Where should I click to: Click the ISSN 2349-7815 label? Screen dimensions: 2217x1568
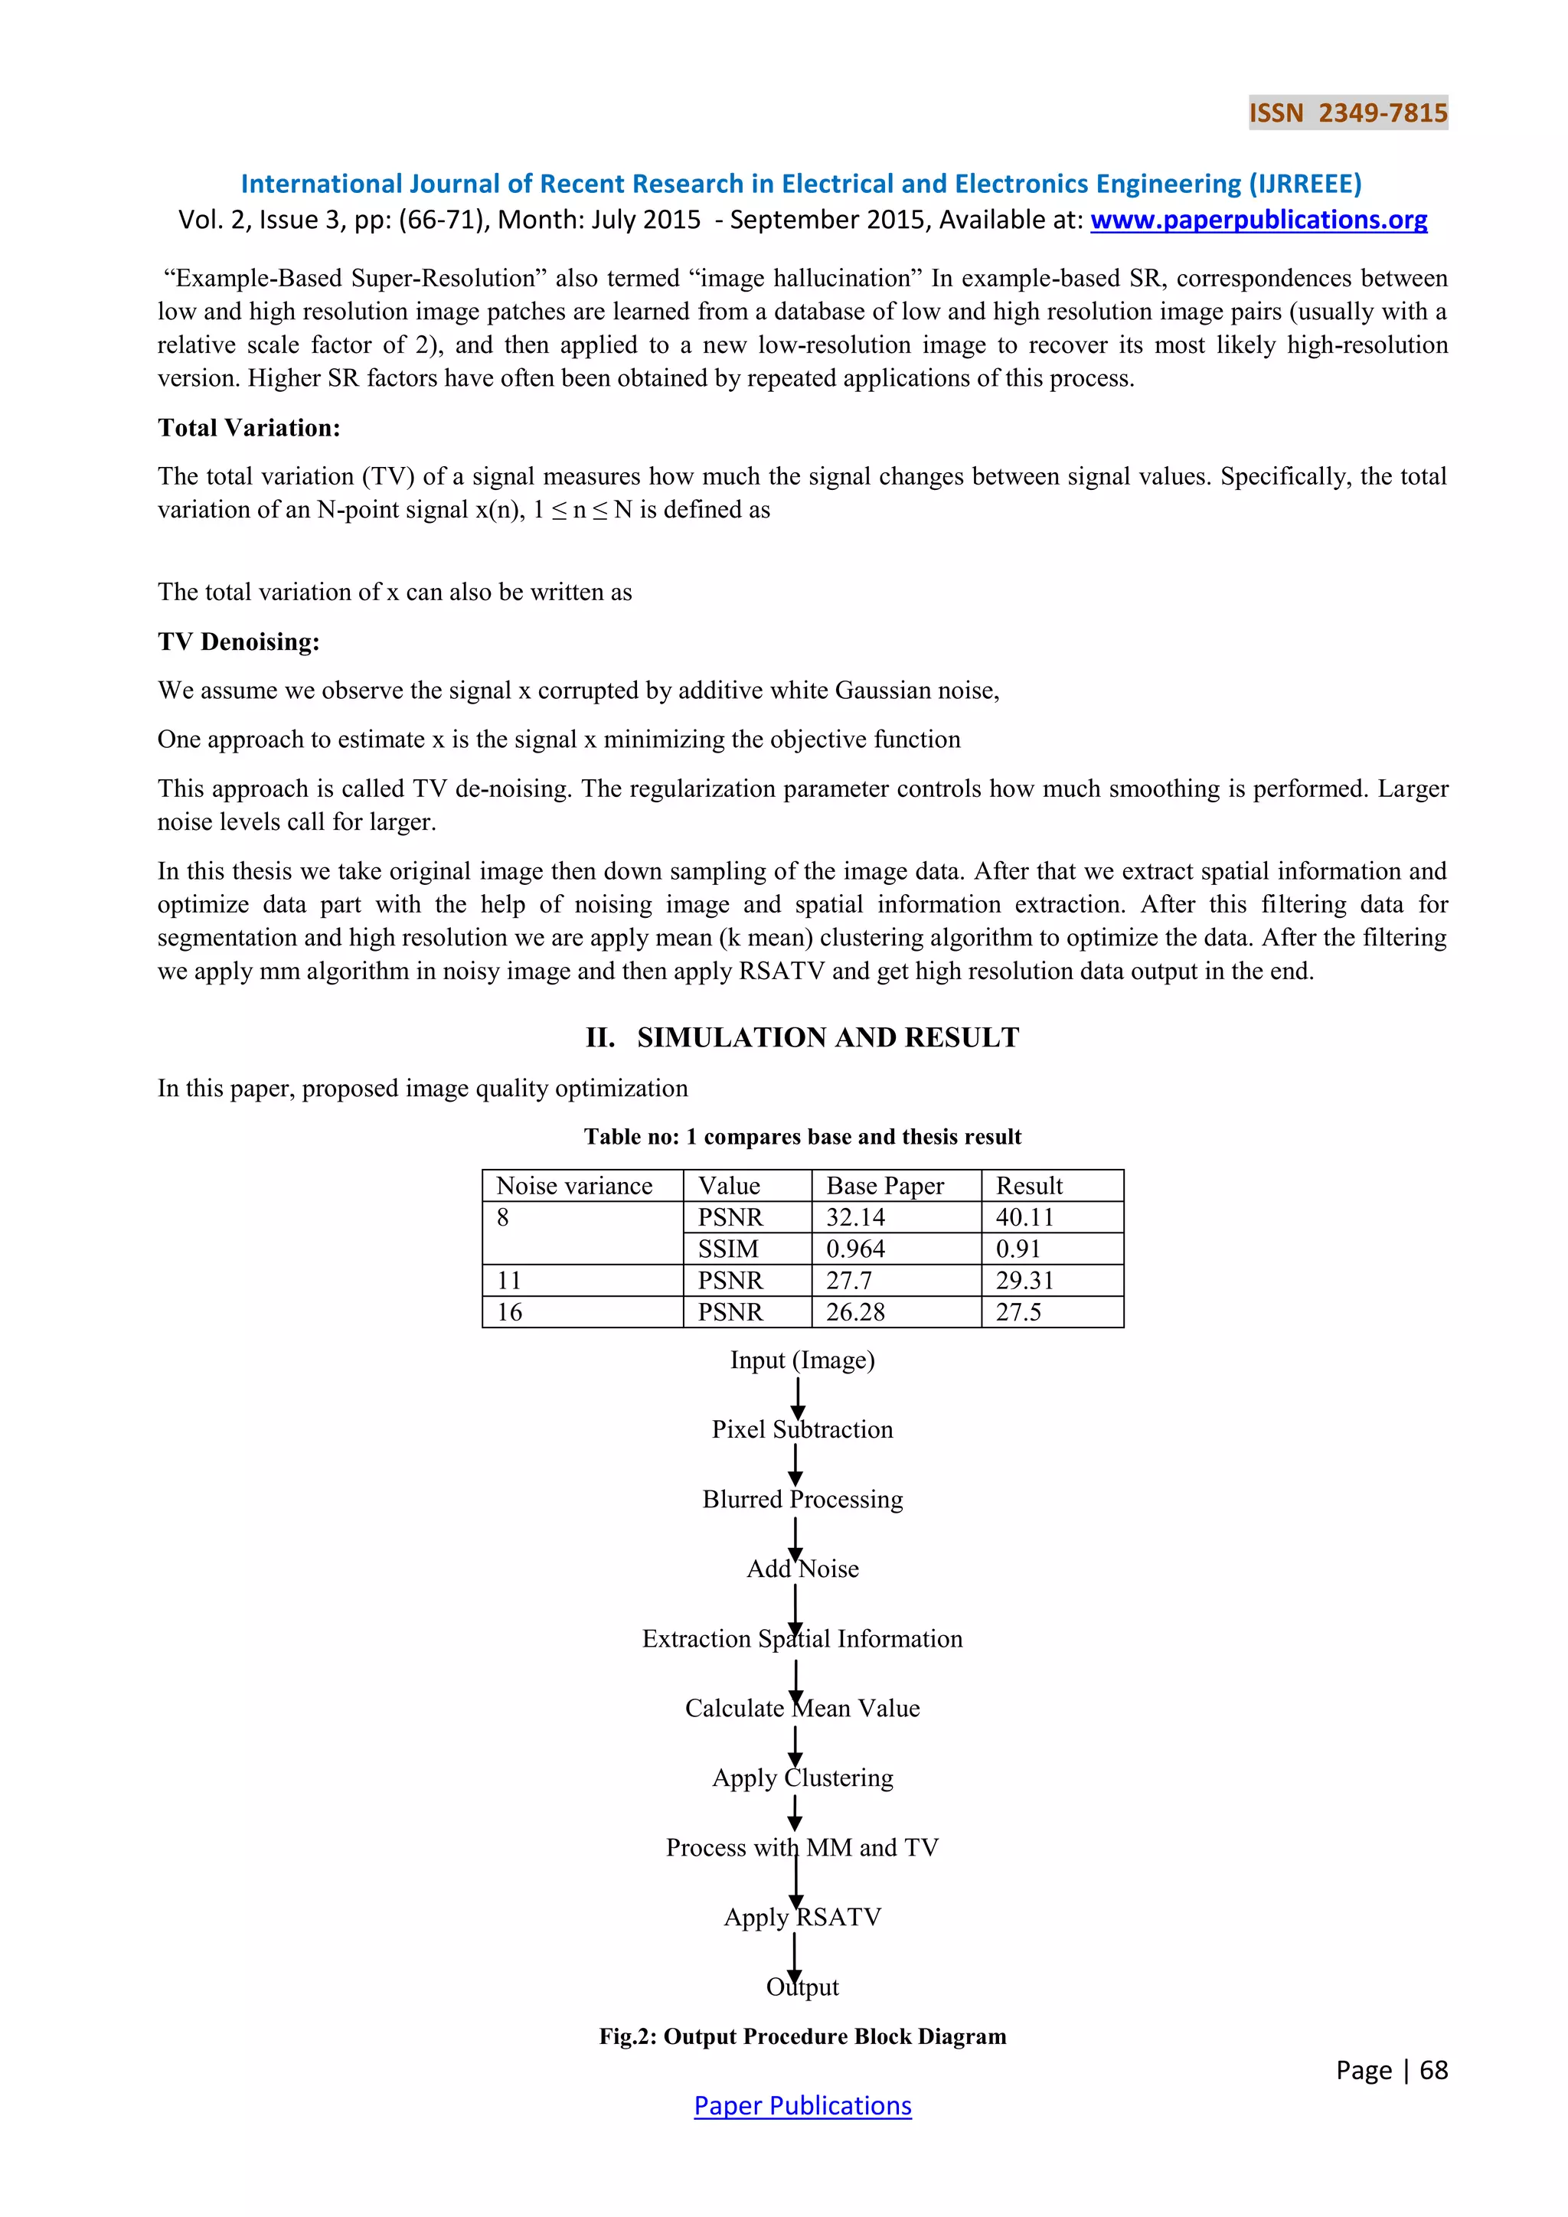coord(1347,113)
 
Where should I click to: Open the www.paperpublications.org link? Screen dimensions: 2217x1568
coord(1258,220)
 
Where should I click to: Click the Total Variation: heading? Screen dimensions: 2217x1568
coord(249,428)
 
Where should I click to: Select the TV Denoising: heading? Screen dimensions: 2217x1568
coord(238,642)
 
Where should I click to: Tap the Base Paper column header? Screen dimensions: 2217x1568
coord(884,1186)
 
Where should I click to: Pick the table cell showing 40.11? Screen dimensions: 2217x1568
coord(1024,1218)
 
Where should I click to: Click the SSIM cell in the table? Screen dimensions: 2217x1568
coord(728,1249)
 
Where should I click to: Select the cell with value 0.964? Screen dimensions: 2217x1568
coord(855,1249)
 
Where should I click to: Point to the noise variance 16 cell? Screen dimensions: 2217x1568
coord(510,1312)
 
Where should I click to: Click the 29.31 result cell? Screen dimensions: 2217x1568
coord(1024,1281)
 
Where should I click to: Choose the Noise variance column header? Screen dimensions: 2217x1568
coord(574,1186)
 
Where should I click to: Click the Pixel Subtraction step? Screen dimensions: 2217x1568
coord(802,1430)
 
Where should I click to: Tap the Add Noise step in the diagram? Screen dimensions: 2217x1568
coord(802,1569)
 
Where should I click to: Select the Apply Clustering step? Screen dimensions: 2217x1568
coord(802,1778)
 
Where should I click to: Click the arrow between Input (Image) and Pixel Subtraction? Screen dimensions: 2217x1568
coord(798,1397)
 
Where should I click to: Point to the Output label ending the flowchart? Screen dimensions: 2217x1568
coord(802,1987)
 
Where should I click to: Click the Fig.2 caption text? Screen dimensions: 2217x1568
coord(802,2036)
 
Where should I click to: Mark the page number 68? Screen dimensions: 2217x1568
coord(1434,2070)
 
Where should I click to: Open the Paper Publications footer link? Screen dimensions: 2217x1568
coord(802,2106)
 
